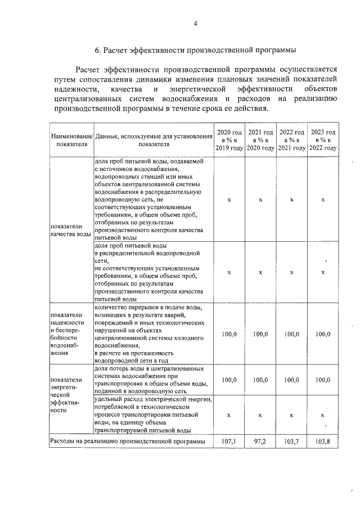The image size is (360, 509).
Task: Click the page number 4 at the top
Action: click(195, 24)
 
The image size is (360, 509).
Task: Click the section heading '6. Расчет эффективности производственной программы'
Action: click(195, 51)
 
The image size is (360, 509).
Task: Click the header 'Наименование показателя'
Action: click(71, 139)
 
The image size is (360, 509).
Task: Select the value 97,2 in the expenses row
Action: click(261, 443)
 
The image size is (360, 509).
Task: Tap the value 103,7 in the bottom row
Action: click(292, 443)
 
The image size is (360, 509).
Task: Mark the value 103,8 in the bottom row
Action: click(323, 443)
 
